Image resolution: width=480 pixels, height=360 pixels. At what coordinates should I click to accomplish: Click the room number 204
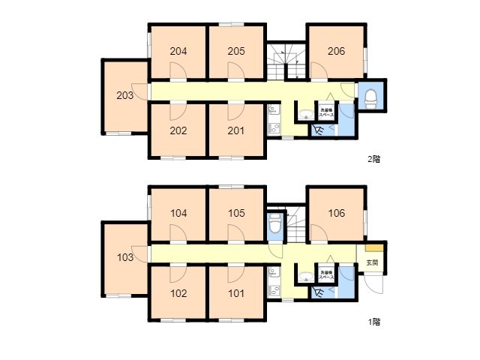click(x=178, y=52)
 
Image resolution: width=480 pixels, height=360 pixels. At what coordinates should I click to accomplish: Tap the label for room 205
click(x=236, y=52)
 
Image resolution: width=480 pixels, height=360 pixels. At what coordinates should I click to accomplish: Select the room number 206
click(x=336, y=52)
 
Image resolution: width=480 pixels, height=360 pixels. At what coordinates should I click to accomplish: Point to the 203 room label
click(x=124, y=95)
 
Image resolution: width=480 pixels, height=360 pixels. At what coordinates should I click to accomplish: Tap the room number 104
click(x=178, y=213)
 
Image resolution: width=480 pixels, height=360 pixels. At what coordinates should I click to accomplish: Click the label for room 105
click(x=236, y=213)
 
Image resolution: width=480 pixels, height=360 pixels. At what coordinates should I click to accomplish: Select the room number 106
click(x=336, y=213)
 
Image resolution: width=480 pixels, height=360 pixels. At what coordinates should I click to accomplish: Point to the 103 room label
click(x=124, y=257)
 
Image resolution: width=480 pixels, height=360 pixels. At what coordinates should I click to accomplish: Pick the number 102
click(x=178, y=293)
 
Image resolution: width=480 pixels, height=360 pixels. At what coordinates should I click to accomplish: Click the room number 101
click(x=236, y=293)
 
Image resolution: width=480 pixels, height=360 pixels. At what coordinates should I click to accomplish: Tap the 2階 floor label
click(x=373, y=159)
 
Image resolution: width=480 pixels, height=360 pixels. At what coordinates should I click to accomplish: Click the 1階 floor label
click(x=373, y=322)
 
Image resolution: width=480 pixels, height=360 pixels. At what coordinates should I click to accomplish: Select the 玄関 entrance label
click(x=372, y=263)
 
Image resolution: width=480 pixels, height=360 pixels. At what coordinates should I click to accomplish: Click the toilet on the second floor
click(x=370, y=96)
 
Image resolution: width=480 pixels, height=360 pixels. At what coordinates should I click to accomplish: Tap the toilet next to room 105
click(x=275, y=224)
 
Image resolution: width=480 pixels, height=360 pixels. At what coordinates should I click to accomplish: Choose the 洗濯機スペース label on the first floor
click(x=327, y=274)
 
